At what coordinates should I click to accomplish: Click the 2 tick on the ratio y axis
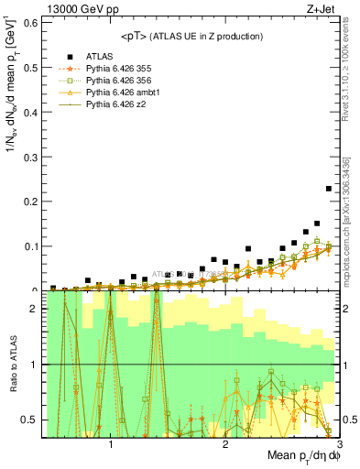[35, 309]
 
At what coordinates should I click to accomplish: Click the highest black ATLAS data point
[329, 189]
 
